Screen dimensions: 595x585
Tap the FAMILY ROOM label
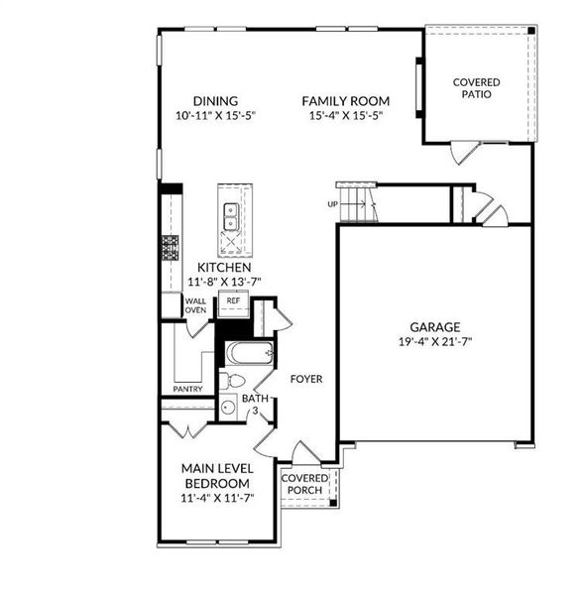pos(345,100)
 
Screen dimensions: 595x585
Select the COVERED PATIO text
pos(476,88)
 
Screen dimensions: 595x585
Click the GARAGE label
pos(435,327)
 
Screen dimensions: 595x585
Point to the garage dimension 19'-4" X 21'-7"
pos(435,342)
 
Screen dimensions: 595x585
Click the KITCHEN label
pos(223,268)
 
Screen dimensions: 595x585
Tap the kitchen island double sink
pos(231,210)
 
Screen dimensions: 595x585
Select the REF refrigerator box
pos(233,299)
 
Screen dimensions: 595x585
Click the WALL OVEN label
pos(195,305)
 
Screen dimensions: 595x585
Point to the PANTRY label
pos(188,389)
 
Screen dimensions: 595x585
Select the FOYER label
pos(306,378)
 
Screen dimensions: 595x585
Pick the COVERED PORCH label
pos(304,484)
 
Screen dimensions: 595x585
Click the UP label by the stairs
pos(333,204)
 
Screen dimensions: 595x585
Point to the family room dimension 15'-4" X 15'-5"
pos(345,115)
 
